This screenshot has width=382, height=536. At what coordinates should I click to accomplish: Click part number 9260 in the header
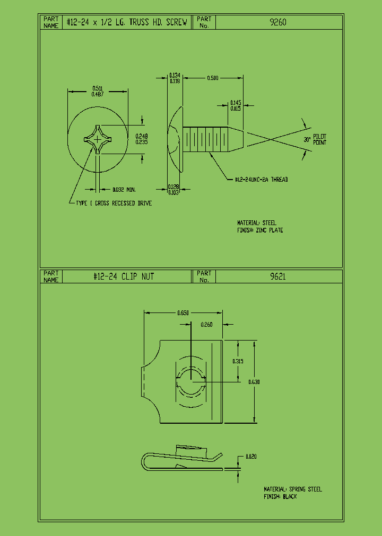pos(279,22)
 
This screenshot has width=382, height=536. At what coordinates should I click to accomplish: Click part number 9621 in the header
pos(277,276)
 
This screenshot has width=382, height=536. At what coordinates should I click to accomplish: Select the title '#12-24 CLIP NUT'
pos(124,276)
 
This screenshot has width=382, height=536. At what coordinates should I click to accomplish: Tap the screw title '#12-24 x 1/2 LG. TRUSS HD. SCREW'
pos(126,22)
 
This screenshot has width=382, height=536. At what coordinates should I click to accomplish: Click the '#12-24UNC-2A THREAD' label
pos(261,180)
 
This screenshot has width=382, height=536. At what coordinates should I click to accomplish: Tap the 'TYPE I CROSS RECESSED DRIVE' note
pos(114,203)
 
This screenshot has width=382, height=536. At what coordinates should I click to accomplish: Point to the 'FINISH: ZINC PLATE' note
pos(260,230)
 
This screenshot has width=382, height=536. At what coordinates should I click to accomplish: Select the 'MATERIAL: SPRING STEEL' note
pos(293,489)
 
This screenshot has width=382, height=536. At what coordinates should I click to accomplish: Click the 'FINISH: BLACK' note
pos(280,497)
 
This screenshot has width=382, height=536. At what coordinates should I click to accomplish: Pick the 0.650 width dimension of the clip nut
pos(183,313)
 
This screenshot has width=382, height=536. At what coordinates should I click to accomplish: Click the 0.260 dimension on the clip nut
pos(206,325)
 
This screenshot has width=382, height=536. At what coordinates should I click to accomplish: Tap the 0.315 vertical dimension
pos(238,361)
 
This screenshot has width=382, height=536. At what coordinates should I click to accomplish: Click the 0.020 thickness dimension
pos(251,456)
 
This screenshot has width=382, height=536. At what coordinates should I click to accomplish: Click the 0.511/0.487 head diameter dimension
pos(98,91)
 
